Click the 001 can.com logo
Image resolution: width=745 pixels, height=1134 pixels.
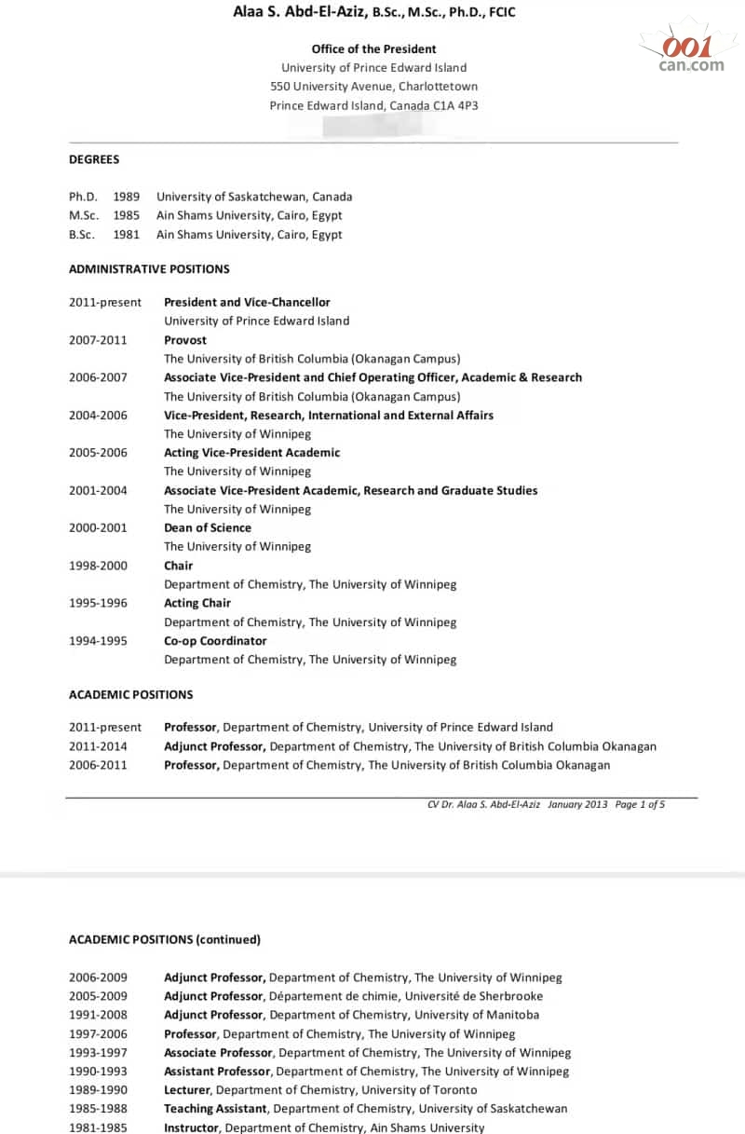690,52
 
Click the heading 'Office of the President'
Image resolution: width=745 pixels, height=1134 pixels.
373,49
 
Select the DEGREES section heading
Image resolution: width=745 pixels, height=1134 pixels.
94,159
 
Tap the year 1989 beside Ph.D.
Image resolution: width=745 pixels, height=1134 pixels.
127,197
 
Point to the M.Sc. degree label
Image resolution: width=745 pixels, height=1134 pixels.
84,215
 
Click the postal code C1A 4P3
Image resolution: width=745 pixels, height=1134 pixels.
456,106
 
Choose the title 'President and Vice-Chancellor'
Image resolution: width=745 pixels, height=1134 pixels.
247,302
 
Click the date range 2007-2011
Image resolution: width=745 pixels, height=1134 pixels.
98,340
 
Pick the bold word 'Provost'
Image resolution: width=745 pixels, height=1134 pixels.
185,340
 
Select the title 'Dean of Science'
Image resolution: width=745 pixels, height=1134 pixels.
208,527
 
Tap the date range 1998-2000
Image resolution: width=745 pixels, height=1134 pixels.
98,566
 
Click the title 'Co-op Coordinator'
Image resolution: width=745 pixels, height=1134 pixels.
215,640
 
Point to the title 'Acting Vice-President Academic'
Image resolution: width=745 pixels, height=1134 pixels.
252,453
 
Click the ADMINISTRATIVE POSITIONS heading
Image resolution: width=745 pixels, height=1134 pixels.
149,269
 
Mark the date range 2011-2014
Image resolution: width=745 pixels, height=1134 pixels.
98,746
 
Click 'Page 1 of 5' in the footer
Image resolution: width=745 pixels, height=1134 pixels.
640,804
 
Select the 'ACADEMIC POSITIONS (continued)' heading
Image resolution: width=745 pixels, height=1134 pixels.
165,939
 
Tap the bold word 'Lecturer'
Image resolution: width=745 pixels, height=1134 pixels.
187,1090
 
